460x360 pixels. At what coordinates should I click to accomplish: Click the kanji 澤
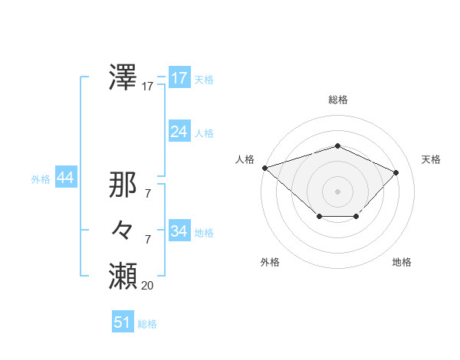coord(123,77)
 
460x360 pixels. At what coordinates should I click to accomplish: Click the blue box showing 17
coord(179,78)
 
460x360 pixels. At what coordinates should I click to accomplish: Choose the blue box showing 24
coord(179,132)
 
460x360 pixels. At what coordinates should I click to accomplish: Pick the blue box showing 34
coord(179,231)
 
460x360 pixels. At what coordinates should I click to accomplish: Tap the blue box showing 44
coord(65,178)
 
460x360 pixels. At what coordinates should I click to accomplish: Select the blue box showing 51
coord(123,322)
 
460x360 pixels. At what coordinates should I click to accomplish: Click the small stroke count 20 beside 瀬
coord(147,286)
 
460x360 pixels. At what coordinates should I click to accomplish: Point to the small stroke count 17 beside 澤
coord(147,87)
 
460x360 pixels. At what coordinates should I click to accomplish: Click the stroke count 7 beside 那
coord(147,194)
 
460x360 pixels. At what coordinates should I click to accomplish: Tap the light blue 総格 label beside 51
coord(147,324)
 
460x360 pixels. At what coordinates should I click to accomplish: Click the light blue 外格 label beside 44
coord(41,179)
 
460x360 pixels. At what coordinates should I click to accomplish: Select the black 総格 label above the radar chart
coord(338,100)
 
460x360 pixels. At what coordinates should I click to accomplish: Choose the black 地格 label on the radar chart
coord(402,262)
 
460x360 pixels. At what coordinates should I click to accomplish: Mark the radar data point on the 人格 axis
coord(264,167)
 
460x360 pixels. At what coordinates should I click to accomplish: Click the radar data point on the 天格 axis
coord(396,172)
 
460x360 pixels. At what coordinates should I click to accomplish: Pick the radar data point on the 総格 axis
coord(337,146)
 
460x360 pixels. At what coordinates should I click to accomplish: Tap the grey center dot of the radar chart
coord(337,191)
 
